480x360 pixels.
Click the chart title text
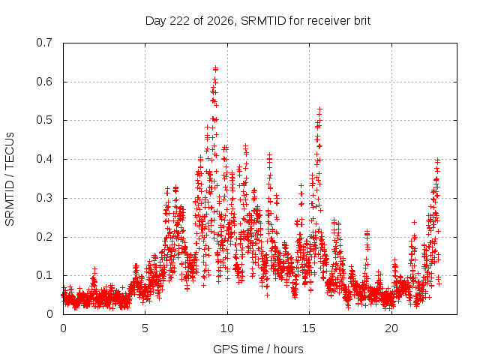pos(258,21)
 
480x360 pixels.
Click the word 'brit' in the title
pos(362,21)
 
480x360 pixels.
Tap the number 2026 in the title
pos(220,21)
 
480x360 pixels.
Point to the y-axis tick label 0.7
pos(44,43)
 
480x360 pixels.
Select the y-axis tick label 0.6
pos(44,82)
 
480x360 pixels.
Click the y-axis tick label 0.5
pos(44,120)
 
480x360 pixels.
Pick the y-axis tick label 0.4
pos(44,159)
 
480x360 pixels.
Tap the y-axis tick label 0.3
pos(44,198)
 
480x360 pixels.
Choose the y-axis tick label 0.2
pos(44,237)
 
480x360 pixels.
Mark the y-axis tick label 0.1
pos(44,275)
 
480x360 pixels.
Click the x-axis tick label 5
pos(145,328)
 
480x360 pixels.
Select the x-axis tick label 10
pos(227,328)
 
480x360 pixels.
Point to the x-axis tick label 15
pos(309,328)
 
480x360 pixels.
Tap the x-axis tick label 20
pos(391,328)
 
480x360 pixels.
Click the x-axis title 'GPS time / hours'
pos(258,349)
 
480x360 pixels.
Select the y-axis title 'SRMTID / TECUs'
pos(10,179)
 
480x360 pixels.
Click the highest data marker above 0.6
pos(216,67)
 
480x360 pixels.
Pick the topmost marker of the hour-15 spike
pos(320,109)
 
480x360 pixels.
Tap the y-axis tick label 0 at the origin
pos(49,314)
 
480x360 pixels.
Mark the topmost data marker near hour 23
pos(438,160)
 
